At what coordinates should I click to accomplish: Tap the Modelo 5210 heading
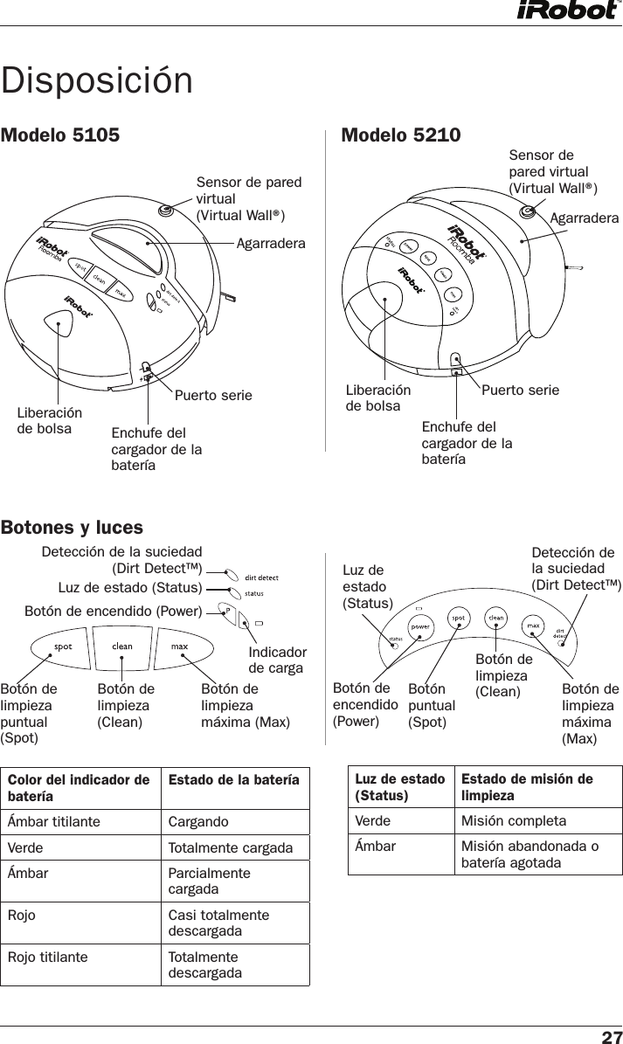401,135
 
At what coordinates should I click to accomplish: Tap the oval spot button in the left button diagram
65,647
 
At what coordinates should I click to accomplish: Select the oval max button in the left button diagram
180,647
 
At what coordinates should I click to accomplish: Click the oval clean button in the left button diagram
122,647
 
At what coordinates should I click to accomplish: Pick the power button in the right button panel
419,626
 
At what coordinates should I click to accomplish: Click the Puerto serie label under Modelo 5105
213,396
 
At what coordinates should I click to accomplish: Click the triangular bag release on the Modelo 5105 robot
59,326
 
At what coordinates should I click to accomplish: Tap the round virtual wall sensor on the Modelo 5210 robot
527,211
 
